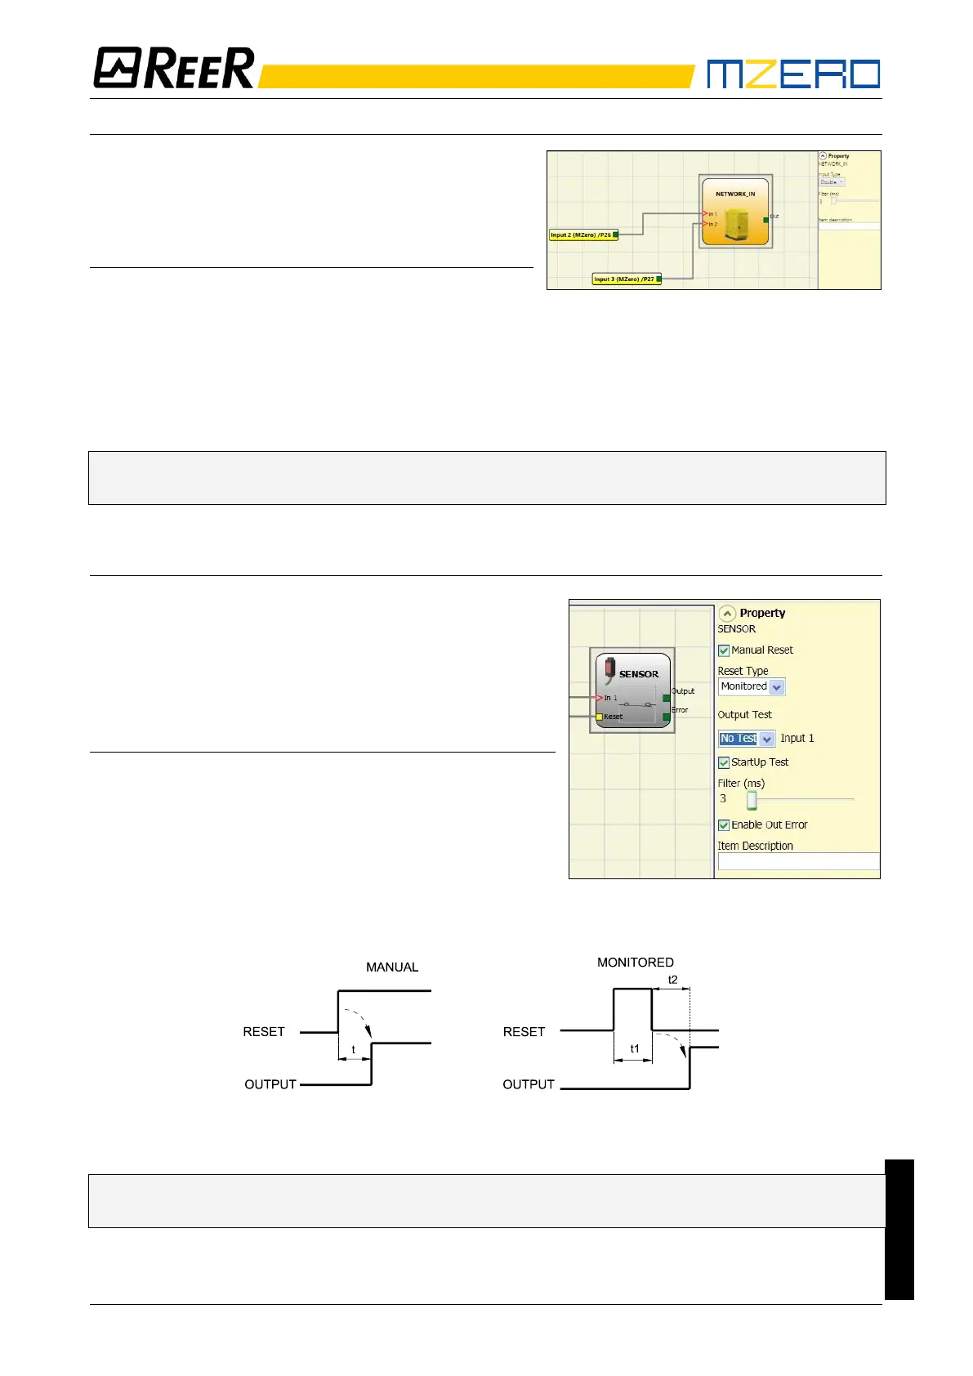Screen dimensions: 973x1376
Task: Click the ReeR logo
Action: [174, 69]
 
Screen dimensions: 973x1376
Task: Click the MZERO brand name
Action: [792, 74]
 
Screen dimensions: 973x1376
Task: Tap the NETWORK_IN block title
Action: [735, 194]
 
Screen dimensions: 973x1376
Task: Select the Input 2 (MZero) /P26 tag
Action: [581, 235]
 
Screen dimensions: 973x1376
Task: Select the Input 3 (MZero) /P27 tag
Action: [624, 279]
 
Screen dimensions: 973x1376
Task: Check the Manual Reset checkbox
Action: [724, 651]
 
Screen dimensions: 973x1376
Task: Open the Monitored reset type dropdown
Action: [777, 687]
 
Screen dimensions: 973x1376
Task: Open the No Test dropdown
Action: [766, 739]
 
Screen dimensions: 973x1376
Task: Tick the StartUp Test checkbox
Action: [724, 763]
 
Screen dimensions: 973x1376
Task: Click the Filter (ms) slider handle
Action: [752, 800]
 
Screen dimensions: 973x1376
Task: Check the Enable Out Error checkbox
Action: [724, 825]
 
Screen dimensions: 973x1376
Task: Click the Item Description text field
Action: [798, 861]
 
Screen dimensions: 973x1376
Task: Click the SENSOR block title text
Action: [639, 674]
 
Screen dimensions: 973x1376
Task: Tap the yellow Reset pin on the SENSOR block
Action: [599, 717]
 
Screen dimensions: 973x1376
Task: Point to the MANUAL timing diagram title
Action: [392, 967]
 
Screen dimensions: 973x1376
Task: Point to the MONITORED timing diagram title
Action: [636, 963]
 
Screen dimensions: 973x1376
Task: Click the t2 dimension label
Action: [673, 980]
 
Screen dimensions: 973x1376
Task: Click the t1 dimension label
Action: [635, 1049]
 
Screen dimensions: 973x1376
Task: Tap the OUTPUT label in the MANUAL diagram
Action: [270, 1084]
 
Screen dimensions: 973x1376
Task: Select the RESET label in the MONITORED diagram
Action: [524, 1032]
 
